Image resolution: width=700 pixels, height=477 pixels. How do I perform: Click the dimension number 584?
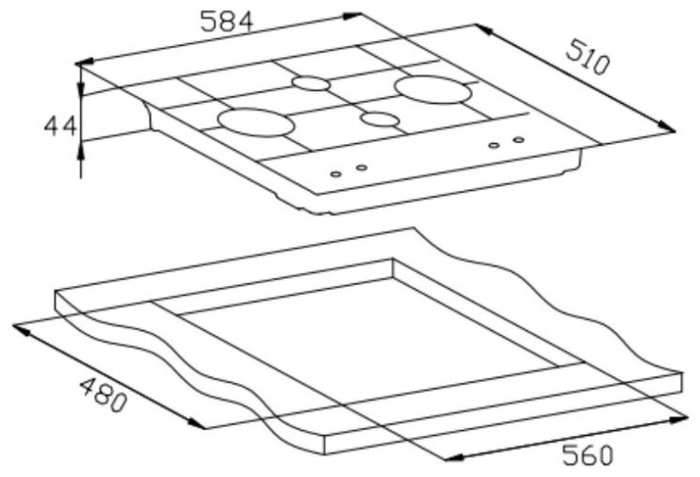coord(226,21)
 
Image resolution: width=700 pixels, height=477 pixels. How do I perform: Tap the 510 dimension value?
coord(587,57)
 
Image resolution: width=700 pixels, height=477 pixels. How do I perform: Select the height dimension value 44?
coord(60,126)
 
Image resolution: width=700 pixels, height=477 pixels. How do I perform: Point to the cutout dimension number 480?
coord(103,395)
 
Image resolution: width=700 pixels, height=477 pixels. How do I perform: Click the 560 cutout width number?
coord(587,455)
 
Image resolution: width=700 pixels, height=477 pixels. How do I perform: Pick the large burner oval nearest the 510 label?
coord(433,90)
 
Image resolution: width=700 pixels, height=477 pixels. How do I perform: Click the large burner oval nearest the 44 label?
coord(256,122)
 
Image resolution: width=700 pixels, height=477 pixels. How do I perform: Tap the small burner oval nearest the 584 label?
coord(311,83)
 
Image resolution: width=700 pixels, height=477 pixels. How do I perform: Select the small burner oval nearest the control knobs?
coord(380,119)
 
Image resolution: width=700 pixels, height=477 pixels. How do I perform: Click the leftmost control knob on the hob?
coord(336,174)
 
